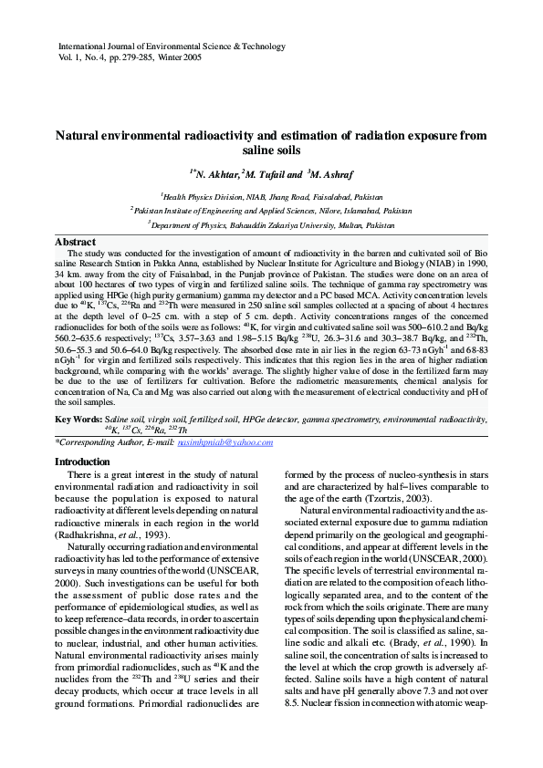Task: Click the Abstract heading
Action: [77, 242]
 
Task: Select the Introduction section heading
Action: [83, 462]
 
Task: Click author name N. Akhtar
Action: [218, 173]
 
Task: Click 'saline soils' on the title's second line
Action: [271, 150]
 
